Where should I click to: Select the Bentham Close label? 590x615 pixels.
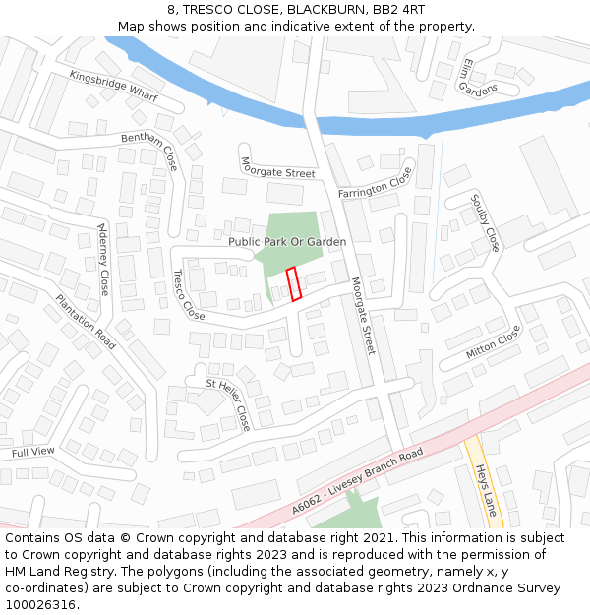pyautogui.click(x=149, y=149)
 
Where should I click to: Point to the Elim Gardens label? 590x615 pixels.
pyautogui.click(x=479, y=78)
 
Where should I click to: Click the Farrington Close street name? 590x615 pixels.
pyautogui.click(x=376, y=182)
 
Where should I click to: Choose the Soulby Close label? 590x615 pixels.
pyautogui.click(x=486, y=221)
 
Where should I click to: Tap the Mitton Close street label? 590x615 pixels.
pyautogui.click(x=493, y=340)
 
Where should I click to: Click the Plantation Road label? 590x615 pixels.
pyautogui.click(x=86, y=322)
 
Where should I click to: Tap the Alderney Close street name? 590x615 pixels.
pyautogui.click(x=102, y=258)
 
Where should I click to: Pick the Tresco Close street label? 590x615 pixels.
pyautogui.click(x=188, y=295)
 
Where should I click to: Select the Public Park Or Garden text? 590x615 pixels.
pyautogui.click(x=287, y=241)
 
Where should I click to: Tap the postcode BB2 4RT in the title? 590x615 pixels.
pyautogui.click(x=397, y=9)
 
